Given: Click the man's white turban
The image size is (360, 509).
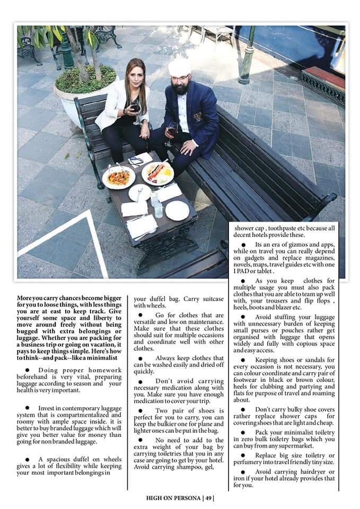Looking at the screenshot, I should click(x=179, y=66).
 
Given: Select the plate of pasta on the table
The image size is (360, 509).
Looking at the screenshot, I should click(x=118, y=177).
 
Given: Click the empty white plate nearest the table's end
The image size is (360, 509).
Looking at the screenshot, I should click(x=177, y=210).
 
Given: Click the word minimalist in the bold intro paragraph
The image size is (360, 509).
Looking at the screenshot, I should click(x=103, y=357).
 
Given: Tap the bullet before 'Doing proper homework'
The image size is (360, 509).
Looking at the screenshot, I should click(x=27, y=370).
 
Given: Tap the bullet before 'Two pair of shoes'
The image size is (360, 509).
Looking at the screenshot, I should click(x=141, y=411).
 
